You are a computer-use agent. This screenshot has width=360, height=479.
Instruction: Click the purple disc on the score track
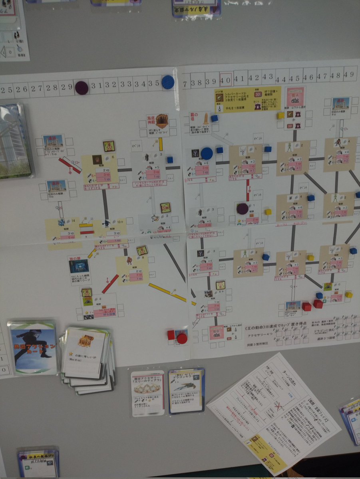pos(82,87)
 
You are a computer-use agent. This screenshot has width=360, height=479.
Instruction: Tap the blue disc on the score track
pos(168,82)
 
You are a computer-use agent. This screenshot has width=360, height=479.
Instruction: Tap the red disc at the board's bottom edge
pos(182,338)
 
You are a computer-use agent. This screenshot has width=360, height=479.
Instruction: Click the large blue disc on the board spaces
pos(207,153)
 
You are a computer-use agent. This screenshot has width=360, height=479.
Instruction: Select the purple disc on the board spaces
pos(242,208)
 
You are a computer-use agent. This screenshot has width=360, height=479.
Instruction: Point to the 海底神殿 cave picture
pos(162,120)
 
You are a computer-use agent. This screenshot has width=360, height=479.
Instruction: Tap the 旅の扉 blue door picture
pos(79,266)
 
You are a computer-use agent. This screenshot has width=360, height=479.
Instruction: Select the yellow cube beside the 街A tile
pos(280,115)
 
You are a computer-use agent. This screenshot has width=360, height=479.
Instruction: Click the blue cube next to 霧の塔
pos(215,118)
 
